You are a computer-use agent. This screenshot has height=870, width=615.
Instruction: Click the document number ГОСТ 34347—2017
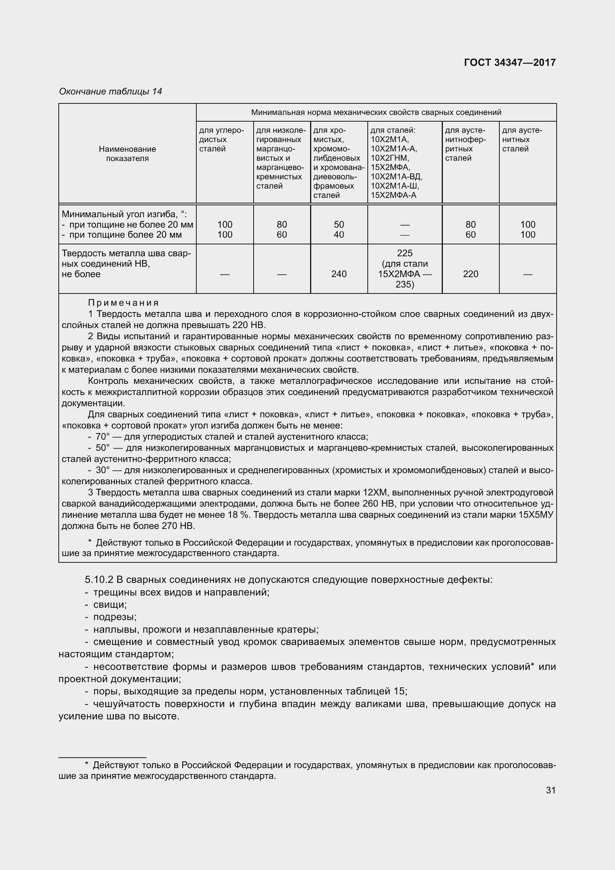pos(509,62)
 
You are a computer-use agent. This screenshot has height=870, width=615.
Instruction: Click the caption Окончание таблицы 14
pos(110,92)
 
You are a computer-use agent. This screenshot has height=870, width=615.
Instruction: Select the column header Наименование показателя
pos(127,154)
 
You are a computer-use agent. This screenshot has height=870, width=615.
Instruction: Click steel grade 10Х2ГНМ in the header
pos(390,158)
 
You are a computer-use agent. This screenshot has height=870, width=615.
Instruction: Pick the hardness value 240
pos(339,274)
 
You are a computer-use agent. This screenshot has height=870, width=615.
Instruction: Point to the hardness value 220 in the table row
pos(470,274)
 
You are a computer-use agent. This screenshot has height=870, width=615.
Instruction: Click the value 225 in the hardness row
pos(405,253)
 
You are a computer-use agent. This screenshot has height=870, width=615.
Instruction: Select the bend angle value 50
pos(339,224)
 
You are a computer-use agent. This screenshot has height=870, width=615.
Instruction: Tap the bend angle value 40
pos(339,235)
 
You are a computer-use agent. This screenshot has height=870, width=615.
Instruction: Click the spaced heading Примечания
pos(123,303)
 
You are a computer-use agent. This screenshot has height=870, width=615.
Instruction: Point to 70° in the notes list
pos(102,437)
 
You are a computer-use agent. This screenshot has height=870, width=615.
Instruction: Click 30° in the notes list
pos(102,470)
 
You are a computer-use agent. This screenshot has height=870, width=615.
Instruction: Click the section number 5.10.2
pos(99,580)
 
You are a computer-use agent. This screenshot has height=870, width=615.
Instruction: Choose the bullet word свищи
pos(110,605)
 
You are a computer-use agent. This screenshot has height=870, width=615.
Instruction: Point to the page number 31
pos(551,790)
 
